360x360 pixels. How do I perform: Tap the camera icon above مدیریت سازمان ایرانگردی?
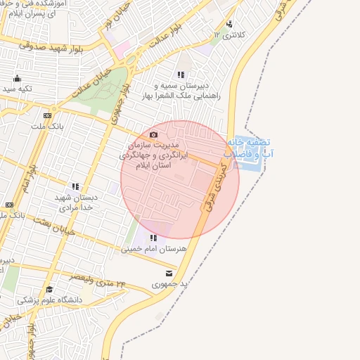pos(154,134)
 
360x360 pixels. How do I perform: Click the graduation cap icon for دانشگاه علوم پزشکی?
pos(49,289)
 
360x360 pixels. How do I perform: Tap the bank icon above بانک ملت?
pos(47,115)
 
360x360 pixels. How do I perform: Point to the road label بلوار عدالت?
pos(169,32)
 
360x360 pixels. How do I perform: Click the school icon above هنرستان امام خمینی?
pos(153,238)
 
